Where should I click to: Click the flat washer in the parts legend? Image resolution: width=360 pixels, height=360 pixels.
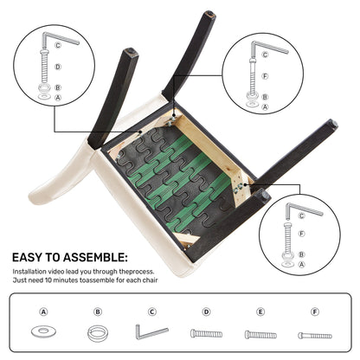(x=43, y=331)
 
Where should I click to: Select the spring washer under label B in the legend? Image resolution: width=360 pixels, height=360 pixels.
(x=98, y=333)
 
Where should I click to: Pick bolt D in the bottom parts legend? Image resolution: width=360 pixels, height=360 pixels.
(x=206, y=334)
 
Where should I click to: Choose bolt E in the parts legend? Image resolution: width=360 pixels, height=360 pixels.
(x=260, y=335)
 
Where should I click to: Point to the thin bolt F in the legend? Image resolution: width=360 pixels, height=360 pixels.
(x=315, y=336)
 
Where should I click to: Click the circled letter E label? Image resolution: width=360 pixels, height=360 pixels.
(x=260, y=312)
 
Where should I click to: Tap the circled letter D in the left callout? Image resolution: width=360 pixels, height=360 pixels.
(x=58, y=67)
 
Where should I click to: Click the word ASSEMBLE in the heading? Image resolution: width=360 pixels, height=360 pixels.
(x=95, y=257)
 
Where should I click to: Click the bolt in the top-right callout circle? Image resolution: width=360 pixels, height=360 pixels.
(x=253, y=74)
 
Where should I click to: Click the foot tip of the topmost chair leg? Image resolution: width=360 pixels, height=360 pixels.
(x=209, y=14)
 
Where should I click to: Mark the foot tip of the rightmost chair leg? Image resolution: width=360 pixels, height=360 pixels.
(x=334, y=123)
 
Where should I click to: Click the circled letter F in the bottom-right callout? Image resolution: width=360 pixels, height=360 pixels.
(x=302, y=234)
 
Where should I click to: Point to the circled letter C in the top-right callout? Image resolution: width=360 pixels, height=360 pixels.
(x=265, y=55)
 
